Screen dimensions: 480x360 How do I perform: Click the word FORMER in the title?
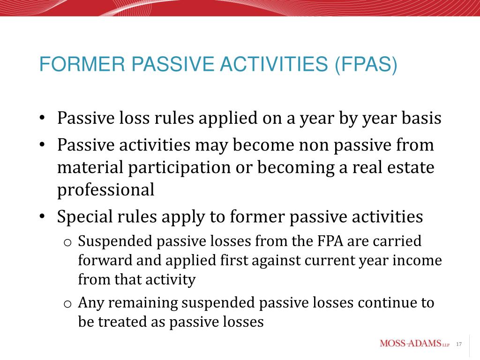(82, 64)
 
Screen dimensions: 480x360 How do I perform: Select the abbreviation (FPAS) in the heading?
(366, 65)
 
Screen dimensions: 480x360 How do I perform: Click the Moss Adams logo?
(414, 344)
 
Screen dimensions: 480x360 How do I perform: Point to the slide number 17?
(458, 345)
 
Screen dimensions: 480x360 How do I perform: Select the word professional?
(105, 190)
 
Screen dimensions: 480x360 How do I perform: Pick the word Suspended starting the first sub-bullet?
(115, 241)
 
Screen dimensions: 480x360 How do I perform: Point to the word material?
(90, 167)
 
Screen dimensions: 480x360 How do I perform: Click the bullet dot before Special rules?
(42, 217)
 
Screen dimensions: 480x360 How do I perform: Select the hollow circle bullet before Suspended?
(67, 243)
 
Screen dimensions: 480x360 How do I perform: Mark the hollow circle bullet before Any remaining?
(67, 304)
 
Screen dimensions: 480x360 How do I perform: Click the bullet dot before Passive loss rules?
(42, 118)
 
